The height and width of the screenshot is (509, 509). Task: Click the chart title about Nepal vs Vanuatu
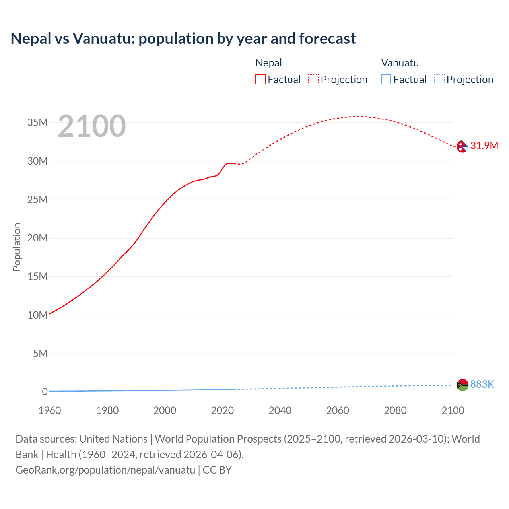183,39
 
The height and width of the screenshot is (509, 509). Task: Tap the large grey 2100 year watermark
92,126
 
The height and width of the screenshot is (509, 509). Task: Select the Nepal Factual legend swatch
260,80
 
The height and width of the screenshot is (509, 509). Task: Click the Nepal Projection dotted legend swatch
313,80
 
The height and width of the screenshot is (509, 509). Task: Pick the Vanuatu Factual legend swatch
386,80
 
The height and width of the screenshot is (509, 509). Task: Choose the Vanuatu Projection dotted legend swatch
439,80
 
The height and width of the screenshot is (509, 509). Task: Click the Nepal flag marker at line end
462,146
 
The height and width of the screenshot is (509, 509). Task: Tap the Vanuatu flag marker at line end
462,385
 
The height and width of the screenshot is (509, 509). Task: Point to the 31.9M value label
484,146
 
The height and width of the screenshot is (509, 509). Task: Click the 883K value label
482,384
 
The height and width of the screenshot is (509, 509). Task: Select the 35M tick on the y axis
37,123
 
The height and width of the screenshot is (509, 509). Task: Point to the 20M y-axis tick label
37,238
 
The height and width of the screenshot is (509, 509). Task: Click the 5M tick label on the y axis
40,354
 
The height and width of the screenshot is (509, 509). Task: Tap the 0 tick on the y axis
45,392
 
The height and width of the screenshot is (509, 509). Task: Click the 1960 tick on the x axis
50,410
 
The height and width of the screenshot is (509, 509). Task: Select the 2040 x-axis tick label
280,410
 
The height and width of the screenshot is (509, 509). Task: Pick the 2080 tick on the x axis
395,410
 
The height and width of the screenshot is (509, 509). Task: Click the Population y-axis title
17,247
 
